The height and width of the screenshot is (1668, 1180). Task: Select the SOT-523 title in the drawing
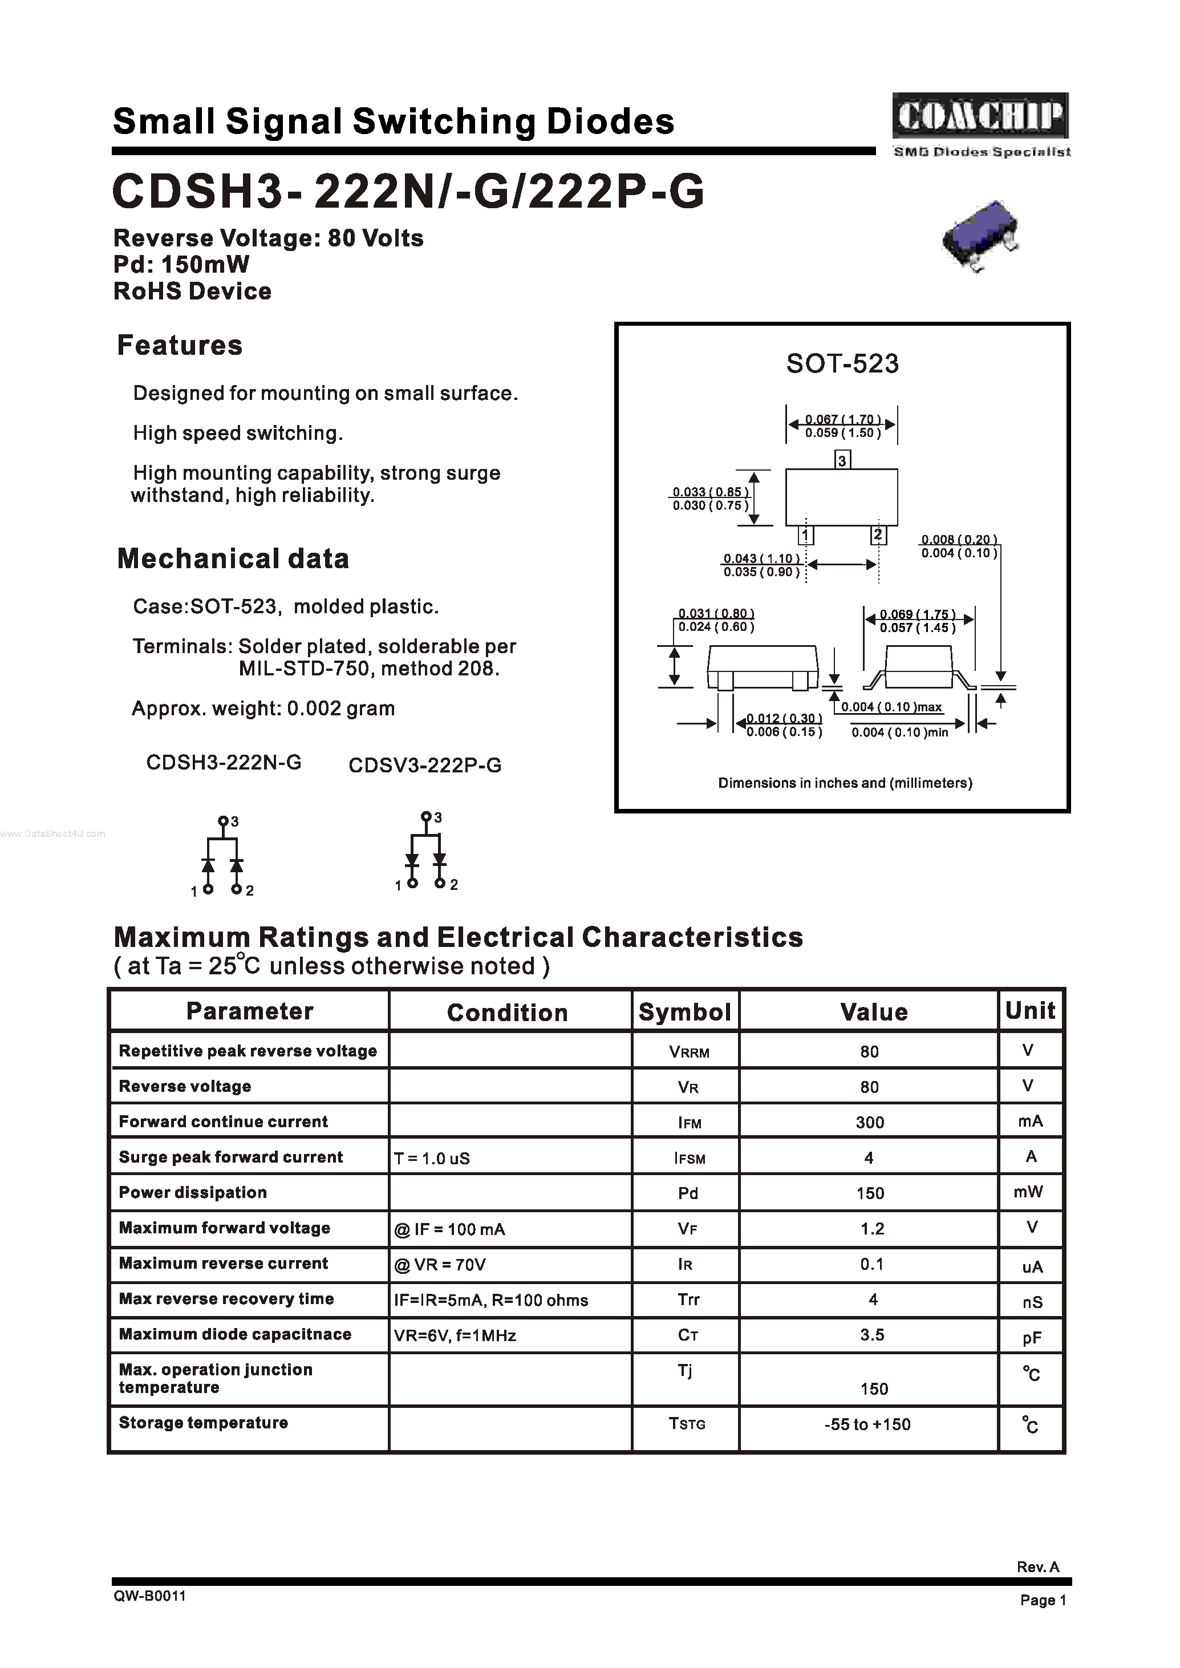(842, 363)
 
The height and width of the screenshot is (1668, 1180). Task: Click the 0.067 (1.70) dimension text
(843, 419)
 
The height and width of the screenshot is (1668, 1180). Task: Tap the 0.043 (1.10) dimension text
(761, 558)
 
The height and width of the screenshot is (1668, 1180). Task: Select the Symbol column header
(684, 1012)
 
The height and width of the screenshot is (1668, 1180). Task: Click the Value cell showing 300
(870, 1122)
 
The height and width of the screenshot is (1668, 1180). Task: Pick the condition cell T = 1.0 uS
(432, 1159)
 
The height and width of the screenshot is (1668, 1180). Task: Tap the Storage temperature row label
(204, 1422)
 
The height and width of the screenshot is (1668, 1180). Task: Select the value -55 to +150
(867, 1424)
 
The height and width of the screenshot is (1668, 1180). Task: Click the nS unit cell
(1032, 1302)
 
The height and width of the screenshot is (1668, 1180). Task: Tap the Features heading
(180, 345)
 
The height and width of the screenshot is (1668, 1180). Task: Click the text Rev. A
(1037, 1567)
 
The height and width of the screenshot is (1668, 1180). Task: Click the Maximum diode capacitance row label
(235, 1334)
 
